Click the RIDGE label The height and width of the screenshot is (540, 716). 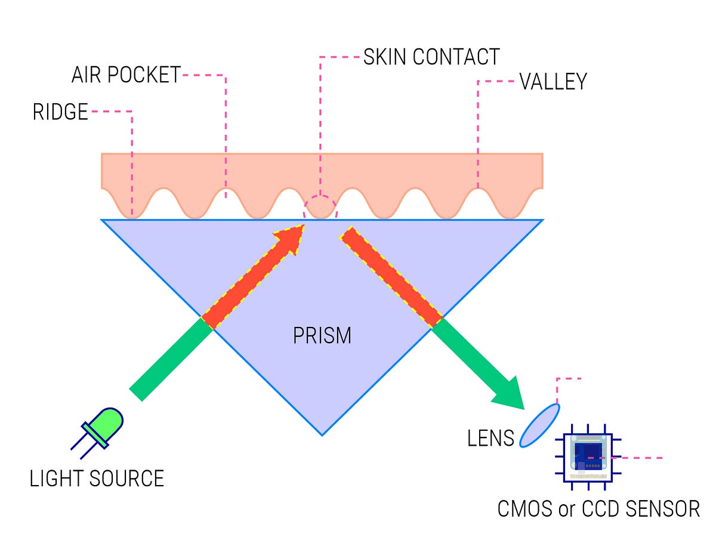point(60,112)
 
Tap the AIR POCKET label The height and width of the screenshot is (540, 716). point(125,75)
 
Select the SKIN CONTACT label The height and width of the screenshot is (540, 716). point(431,57)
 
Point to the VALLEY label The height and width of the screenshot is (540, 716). point(553,82)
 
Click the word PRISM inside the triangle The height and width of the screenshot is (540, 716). point(322,336)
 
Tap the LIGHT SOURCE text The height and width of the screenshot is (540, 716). point(97,479)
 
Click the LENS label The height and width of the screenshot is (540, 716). point(490,439)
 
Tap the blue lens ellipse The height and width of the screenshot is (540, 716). point(539,425)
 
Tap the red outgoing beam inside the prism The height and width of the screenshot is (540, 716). point(391,277)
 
